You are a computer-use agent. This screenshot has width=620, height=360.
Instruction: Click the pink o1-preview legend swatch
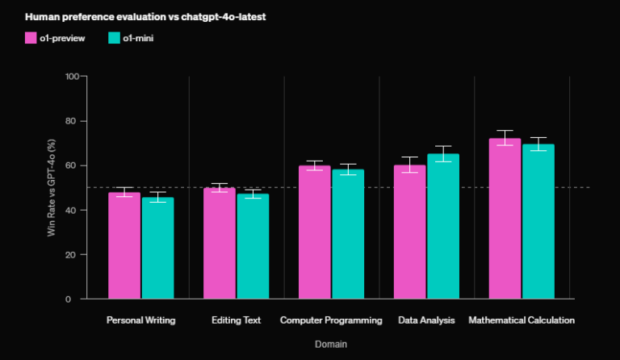pyautogui.click(x=31, y=37)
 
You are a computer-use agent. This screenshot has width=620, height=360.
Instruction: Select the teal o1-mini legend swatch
pyautogui.click(x=113, y=37)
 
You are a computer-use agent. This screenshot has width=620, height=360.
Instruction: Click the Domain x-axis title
pyautogui.click(x=331, y=344)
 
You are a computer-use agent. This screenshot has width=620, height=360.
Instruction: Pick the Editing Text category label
pyautogui.click(x=236, y=320)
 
